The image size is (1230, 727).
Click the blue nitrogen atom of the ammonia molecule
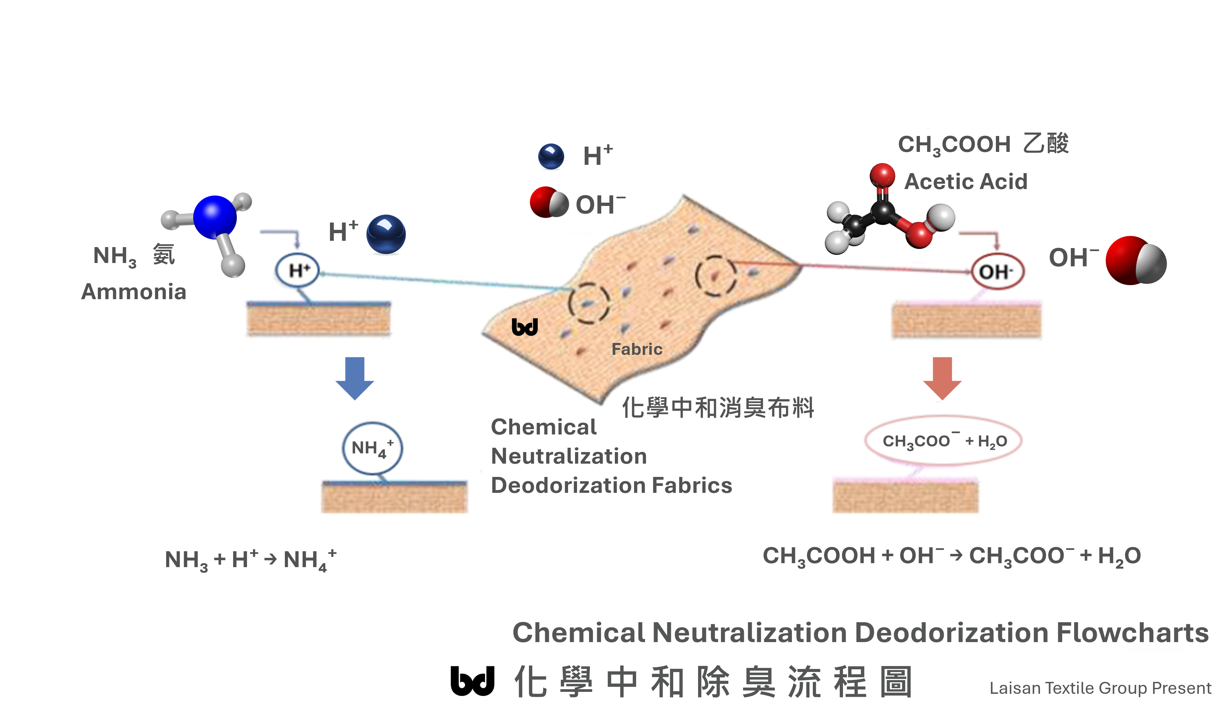pyautogui.click(x=215, y=217)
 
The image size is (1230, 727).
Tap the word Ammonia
pyautogui.click(x=134, y=292)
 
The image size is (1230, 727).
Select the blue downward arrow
pyautogui.click(x=355, y=378)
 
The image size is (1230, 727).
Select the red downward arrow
pyautogui.click(x=942, y=378)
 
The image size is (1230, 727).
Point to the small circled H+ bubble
pyautogui.click(x=297, y=270)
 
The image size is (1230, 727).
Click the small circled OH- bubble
pyautogui.click(x=997, y=271)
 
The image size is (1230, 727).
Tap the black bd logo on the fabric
pyautogui.click(x=524, y=327)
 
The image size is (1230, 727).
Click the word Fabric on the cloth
pyautogui.click(x=637, y=349)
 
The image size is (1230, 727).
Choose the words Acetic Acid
pyautogui.click(x=965, y=182)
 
